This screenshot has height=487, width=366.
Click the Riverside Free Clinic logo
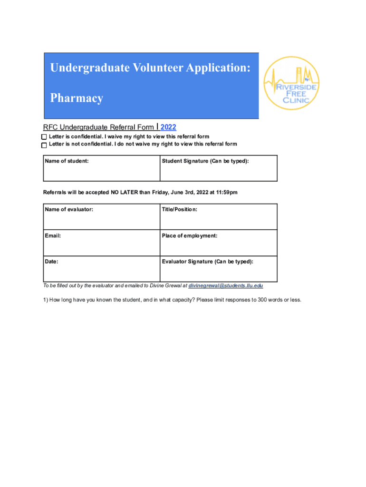click(x=291, y=83)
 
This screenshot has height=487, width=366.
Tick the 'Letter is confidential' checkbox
click(x=44, y=137)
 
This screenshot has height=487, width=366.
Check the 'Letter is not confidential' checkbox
click(x=44, y=145)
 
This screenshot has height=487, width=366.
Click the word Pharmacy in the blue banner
click(x=77, y=98)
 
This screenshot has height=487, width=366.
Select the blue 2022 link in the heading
click(x=168, y=127)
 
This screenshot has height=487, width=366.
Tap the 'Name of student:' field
click(x=101, y=171)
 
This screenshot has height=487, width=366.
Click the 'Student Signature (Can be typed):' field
click(x=218, y=171)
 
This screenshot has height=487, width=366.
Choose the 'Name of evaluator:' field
click(x=101, y=220)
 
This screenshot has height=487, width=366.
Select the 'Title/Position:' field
click(x=218, y=220)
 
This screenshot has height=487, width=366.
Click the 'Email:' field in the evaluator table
click(x=101, y=246)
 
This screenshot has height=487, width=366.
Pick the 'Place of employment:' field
click(x=218, y=246)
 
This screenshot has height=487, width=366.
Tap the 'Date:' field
click(x=101, y=272)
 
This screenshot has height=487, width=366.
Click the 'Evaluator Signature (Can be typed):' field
click(x=218, y=272)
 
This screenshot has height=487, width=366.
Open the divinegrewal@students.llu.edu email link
click(x=226, y=286)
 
